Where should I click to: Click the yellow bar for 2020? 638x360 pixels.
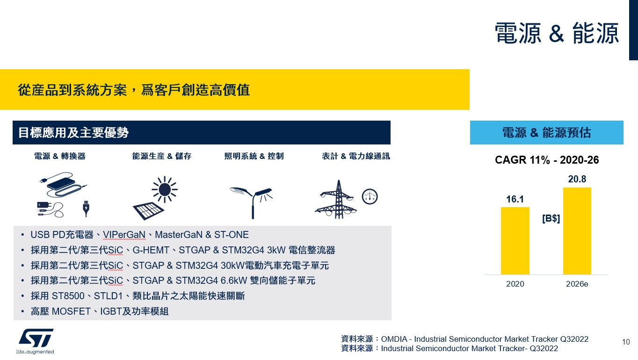pos(515,241)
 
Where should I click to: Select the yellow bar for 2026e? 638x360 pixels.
pos(577,231)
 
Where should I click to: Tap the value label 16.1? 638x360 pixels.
pos(515,199)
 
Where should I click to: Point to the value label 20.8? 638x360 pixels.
pos(577,179)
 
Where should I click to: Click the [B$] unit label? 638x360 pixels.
pos(551,218)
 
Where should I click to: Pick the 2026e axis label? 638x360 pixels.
pos(577,284)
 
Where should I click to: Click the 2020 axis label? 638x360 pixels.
pos(515,284)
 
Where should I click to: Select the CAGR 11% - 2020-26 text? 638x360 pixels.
pos(547,160)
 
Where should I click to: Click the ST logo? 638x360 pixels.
pos(36,338)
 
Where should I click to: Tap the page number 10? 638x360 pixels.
pos(626,342)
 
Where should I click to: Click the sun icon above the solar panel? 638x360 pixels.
pos(165,189)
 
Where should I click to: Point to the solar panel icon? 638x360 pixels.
pos(148,211)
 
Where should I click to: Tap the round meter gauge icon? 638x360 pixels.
pos(370,197)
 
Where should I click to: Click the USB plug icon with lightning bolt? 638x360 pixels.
pos(86,209)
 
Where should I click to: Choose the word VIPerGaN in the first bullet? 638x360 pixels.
pos(124,235)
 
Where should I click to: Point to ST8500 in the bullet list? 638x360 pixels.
pos(68,296)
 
